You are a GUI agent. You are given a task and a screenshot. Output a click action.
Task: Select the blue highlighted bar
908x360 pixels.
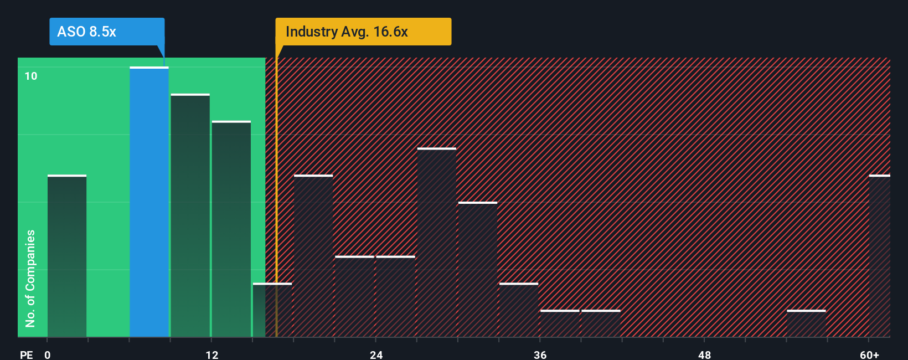149,202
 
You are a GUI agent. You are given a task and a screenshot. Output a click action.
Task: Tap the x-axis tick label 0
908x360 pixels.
48,354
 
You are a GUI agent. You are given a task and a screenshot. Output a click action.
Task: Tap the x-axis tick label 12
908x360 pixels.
212,354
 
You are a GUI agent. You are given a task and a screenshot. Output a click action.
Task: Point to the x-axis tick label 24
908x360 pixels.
376,354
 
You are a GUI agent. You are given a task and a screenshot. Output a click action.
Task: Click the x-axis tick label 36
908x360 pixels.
540,354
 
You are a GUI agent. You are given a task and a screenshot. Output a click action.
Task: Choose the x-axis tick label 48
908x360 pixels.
704,354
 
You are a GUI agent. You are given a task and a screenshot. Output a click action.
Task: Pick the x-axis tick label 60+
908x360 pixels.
869,354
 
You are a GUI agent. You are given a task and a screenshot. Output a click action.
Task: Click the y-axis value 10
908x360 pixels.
31,76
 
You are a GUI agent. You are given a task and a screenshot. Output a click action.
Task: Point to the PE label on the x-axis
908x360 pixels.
26,354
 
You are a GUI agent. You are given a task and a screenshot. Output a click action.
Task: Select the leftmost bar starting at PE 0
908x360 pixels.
67,256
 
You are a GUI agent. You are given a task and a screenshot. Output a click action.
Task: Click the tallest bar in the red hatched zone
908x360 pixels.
437,243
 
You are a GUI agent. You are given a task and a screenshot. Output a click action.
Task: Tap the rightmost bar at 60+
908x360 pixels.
880,256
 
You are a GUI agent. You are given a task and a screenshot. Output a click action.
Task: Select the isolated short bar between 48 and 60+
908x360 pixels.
806,323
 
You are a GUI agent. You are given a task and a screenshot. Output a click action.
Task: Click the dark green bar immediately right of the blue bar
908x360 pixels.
190,216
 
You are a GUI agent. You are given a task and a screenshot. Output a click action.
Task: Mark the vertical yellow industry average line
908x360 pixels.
276,199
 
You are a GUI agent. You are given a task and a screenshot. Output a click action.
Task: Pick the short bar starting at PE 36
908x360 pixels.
560,323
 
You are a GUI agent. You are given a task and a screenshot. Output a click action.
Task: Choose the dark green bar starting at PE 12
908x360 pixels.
231,229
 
